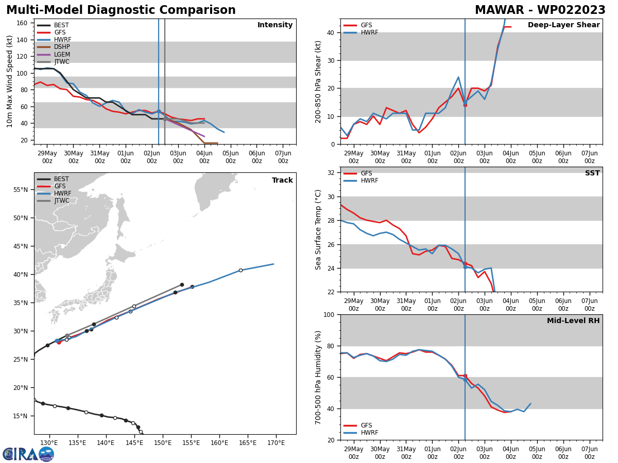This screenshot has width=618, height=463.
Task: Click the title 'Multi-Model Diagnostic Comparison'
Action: point(121,10)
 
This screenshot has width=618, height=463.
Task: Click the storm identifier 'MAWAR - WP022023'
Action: point(540,10)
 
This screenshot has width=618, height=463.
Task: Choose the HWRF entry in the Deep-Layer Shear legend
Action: point(368,32)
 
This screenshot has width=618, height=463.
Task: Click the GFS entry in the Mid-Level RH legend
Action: point(367,425)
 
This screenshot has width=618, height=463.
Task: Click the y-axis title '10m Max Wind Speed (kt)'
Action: point(10,81)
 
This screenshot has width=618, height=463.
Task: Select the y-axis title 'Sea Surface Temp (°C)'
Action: point(318,229)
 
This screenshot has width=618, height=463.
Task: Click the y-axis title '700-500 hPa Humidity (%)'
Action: point(318,377)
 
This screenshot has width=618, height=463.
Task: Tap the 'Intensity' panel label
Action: point(275,25)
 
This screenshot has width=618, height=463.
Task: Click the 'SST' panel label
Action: point(592,173)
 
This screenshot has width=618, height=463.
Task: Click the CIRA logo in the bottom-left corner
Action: point(28,454)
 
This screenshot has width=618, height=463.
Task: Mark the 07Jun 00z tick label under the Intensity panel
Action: point(283,157)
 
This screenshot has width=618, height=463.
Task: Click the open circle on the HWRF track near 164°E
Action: point(241,270)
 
